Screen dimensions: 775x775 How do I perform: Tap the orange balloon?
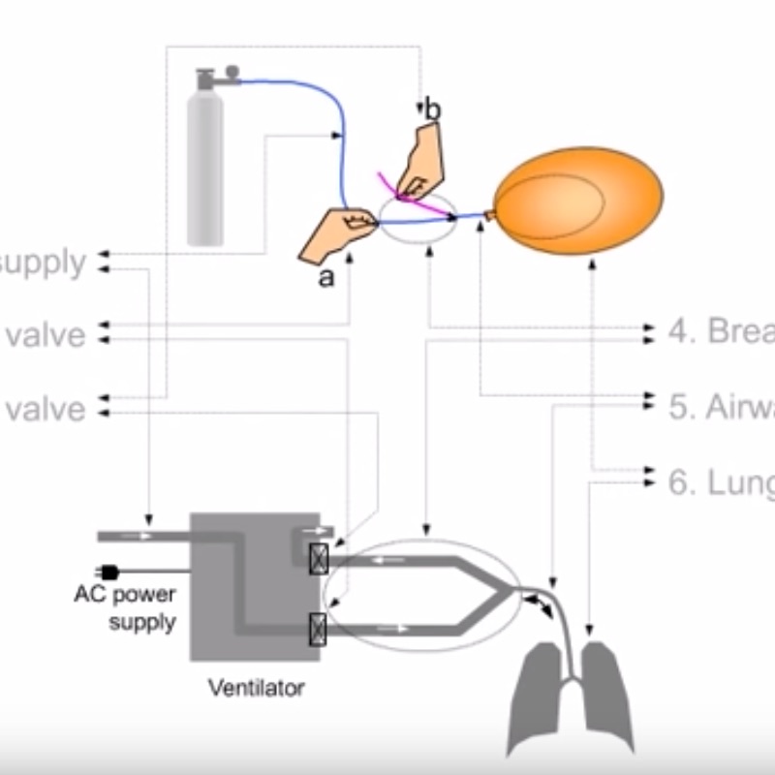click(x=579, y=201)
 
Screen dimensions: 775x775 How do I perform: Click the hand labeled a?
click(x=334, y=235)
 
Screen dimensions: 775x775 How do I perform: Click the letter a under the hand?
click(x=326, y=279)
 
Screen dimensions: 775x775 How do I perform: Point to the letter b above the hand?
click(x=432, y=109)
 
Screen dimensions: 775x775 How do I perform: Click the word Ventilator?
click(x=256, y=689)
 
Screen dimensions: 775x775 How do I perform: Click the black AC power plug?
click(x=108, y=572)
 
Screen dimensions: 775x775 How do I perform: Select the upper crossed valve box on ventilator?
click(x=318, y=559)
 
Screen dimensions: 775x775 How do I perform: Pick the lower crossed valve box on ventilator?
click(x=318, y=629)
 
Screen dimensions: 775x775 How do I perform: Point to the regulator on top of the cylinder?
click(x=217, y=76)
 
